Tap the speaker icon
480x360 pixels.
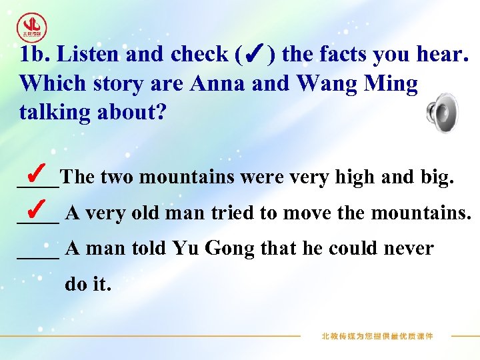click(x=442, y=113)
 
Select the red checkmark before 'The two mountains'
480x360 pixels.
click(x=37, y=169)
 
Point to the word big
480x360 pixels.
click(x=438, y=178)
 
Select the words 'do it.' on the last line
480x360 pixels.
click(x=86, y=285)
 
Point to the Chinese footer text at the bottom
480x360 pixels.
click(x=377, y=336)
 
